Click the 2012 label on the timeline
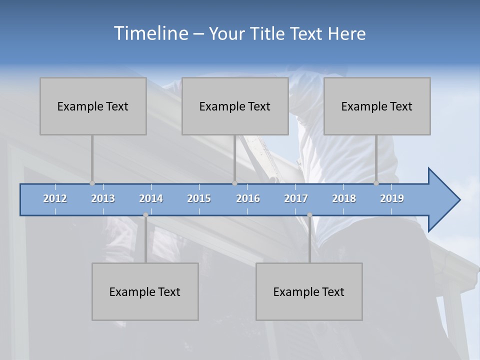coord(55,198)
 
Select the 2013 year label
coord(103,198)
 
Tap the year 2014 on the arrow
coord(151,198)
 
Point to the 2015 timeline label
coord(199,198)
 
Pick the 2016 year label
coord(248,198)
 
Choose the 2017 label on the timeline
coord(296,198)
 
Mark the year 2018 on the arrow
coord(344,198)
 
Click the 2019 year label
coord(392,198)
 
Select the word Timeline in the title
coord(150,33)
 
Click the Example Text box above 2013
coord(93,106)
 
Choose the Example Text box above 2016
coord(235,106)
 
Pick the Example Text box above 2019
coord(377,106)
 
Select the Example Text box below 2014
coord(145,291)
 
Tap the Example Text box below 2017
coord(309,291)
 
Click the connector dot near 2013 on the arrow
coord(92,183)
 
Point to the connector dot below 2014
coord(145,215)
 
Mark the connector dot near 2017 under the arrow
coord(309,215)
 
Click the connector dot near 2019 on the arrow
coord(376,183)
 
